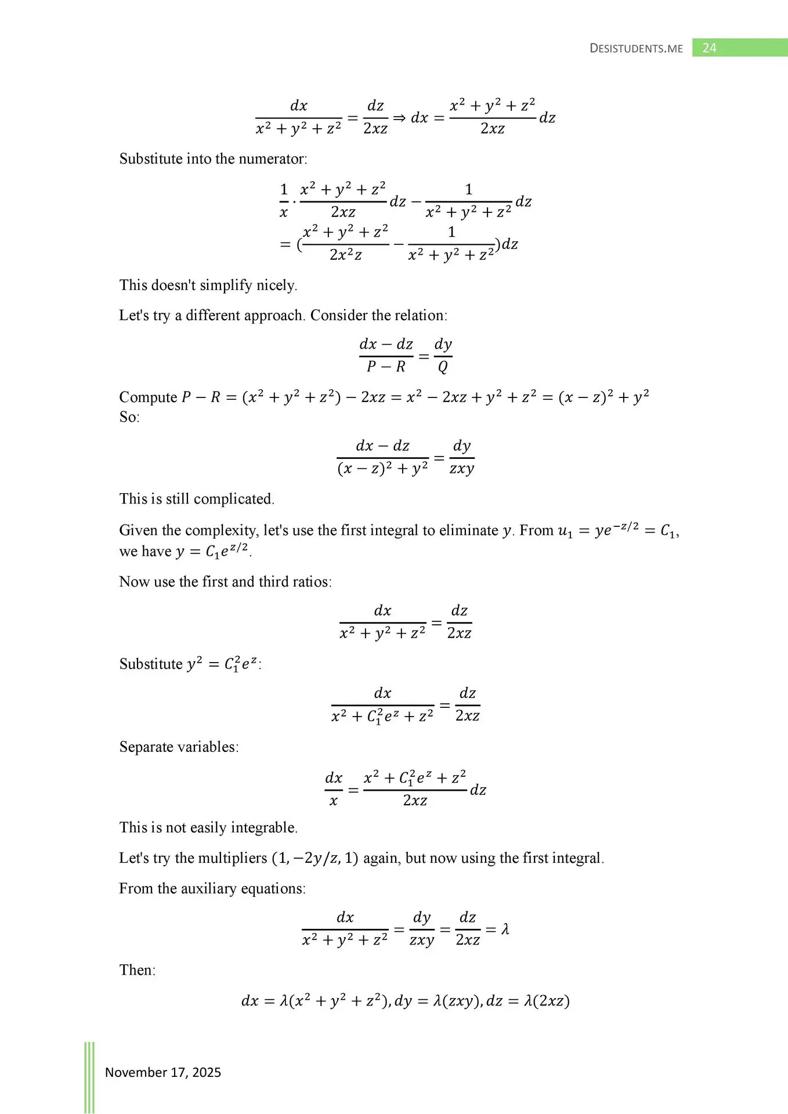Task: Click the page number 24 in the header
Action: [x=709, y=48]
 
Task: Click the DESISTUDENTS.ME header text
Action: [x=636, y=49]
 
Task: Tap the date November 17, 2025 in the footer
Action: [x=163, y=1072]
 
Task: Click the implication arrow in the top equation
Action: [x=399, y=118]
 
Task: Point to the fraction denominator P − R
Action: [x=386, y=367]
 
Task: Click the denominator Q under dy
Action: [x=443, y=367]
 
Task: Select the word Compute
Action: [x=148, y=397]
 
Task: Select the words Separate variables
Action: [x=179, y=747]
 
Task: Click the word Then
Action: [x=137, y=970]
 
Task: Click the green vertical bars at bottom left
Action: [x=89, y=1077]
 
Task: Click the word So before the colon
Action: [x=128, y=417]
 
